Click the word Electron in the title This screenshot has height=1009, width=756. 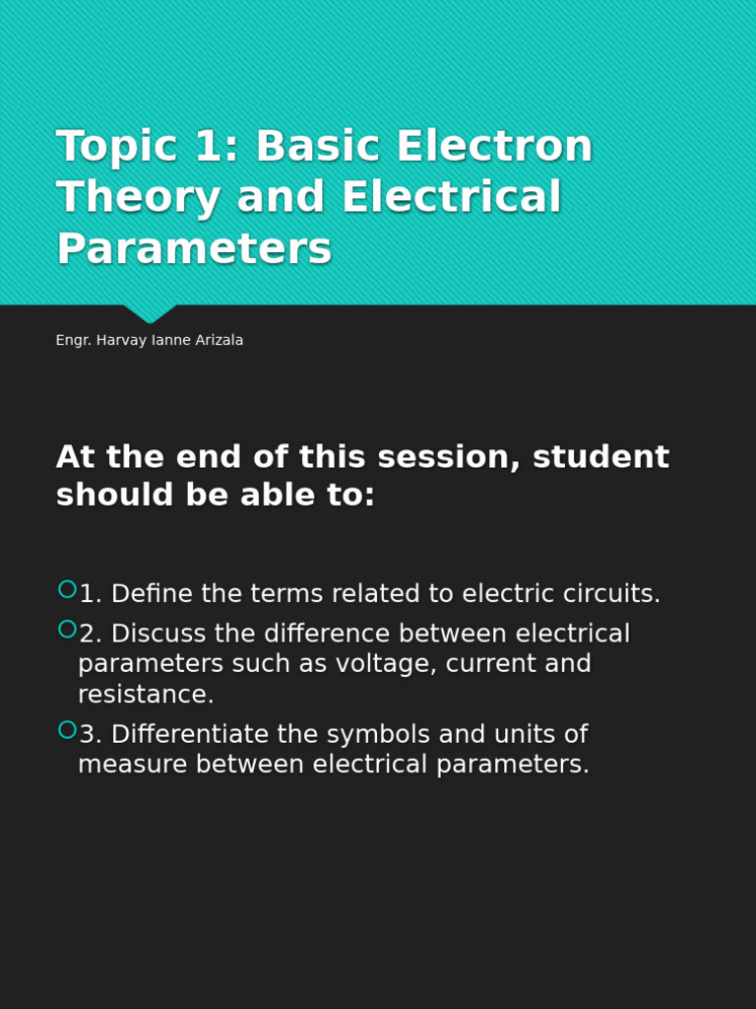point(494,147)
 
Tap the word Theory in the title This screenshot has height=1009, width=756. point(138,197)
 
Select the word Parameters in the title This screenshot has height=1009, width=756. point(194,248)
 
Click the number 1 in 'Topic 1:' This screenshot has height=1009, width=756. point(210,147)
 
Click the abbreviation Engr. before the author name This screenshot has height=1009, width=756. point(74,340)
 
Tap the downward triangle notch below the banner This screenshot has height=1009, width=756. point(150,313)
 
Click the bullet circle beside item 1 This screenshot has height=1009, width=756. point(67,589)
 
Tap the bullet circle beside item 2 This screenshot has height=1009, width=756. point(67,629)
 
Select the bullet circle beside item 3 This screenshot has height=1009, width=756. point(67,729)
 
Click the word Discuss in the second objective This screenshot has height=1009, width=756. point(158,634)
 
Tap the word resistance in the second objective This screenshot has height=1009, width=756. point(146,695)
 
